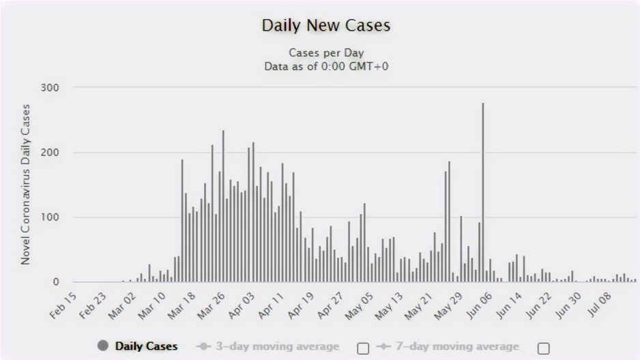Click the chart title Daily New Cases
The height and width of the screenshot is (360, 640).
pos(326,25)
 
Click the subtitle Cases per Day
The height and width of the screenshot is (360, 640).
pos(326,52)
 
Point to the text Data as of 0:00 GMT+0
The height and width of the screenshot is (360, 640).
pos(326,66)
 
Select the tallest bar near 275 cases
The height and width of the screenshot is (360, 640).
pos(483,192)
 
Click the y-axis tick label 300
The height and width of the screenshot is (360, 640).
pos(49,87)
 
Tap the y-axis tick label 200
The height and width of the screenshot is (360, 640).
pos(49,153)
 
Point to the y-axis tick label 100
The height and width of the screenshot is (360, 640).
pos(50,217)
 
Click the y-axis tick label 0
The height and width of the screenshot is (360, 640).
pos(56,282)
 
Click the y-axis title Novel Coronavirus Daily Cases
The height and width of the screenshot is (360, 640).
pos(25,184)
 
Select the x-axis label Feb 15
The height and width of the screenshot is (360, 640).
pos(63,305)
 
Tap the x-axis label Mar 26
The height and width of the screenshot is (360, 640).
pos(212,305)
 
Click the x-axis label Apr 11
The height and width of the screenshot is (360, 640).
pos(271,305)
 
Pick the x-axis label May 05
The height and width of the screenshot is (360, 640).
pos(359,306)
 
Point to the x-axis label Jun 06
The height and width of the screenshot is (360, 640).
pos(479,305)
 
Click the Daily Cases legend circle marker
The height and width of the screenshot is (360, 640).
pos(103,346)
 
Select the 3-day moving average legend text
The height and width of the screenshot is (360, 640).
pos(278,346)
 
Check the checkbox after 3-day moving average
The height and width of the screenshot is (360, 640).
pos(363,348)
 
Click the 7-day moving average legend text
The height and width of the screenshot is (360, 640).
pos(457,346)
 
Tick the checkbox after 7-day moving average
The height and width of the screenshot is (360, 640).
pos(543,348)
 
